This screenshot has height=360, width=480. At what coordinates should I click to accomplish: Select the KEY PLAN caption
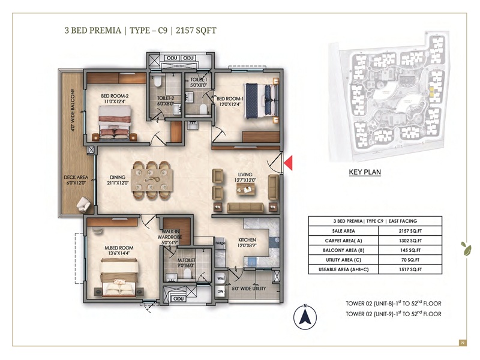[365, 172]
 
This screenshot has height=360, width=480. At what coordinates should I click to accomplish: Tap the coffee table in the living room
[247, 190]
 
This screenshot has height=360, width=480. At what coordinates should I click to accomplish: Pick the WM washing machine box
[220, 279]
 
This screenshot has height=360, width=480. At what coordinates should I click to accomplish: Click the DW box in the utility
[220, 292]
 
